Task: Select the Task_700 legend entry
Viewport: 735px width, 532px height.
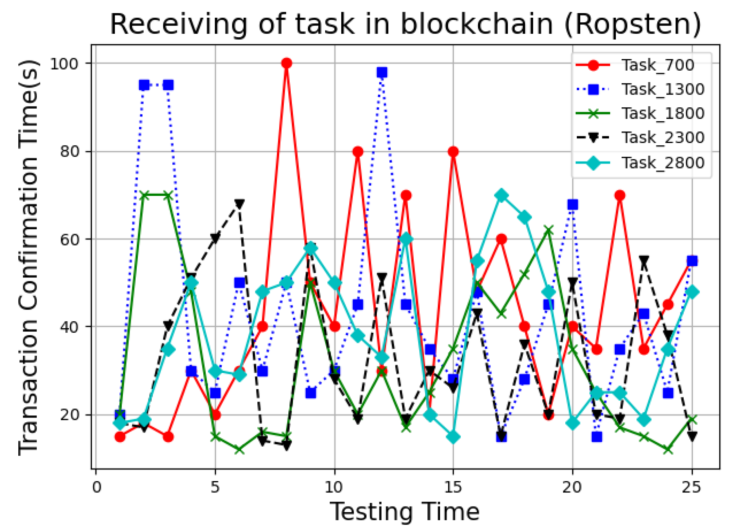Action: coord(658,65)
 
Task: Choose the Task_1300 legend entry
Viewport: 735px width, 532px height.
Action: coord(663,89)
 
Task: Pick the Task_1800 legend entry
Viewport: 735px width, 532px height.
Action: coord(663,113)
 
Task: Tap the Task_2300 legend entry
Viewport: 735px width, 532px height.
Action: coord(663,137)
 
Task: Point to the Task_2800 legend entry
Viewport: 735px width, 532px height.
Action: coord(663,163)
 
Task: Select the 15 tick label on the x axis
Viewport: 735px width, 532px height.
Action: coord(453,487)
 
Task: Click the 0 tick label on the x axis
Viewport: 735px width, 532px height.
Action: coord(96,487)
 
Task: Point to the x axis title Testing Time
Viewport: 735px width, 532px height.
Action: coord(405,512)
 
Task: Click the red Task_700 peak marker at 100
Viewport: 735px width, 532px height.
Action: coord(287,63)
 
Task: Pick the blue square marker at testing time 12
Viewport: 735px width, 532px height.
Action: coord(382,72)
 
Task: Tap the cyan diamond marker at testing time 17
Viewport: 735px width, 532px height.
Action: coord(501,196)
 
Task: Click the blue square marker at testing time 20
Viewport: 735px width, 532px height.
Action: coord(573,204)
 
